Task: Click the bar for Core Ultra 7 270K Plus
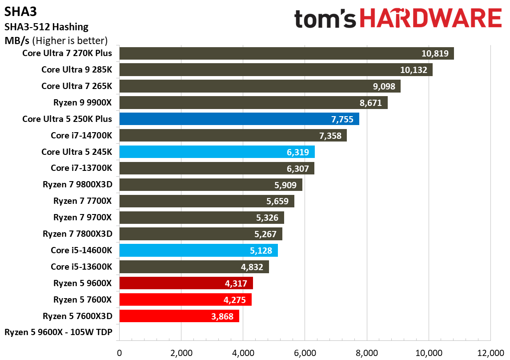(x=286, y=53)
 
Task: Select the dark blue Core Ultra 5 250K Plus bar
(x=239, y=119)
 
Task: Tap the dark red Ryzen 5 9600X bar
(x=186, y=283)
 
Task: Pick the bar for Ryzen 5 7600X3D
(x=179, y=316)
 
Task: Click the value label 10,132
(x=414, y=70)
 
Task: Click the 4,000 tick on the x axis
(x=243, y=353)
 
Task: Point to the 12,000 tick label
(x=490, y=353)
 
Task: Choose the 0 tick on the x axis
(x=119, y=353)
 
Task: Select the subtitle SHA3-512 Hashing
(x=46, y=27)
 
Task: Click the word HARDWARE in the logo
(x=430, y=19)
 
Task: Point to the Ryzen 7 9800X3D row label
(x=77, y=185)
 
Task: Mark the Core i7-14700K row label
(x=81, y=135)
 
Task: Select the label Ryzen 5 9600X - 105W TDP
(x=58, y=332)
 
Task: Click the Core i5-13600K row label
(x=81, y=267)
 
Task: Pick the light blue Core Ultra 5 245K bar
(x=217, y=152)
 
